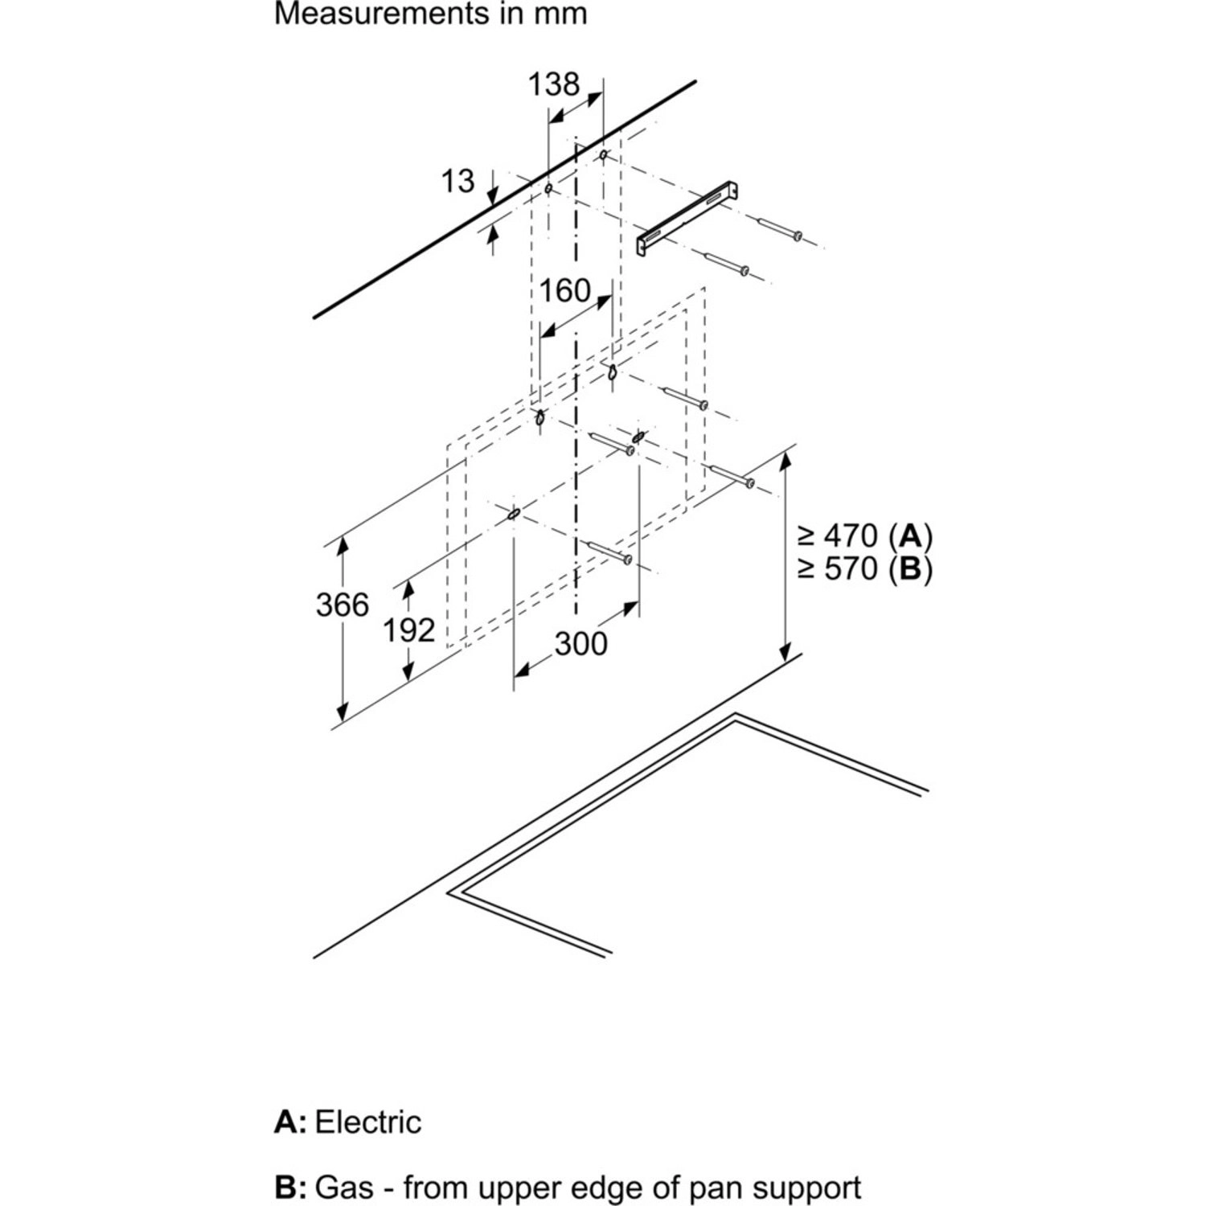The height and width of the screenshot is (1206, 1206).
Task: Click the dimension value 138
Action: point(554,83)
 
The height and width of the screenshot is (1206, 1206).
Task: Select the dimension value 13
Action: point(457,181)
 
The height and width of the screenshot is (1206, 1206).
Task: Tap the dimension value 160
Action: point(565,290)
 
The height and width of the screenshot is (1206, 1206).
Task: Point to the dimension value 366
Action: point(343,605)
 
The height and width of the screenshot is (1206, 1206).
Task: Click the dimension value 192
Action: point(408,631)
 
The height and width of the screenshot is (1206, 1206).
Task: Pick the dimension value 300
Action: point(580,643)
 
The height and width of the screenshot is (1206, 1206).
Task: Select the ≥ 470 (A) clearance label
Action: point(865,535)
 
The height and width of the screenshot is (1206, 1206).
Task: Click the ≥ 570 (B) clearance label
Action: point(865,569)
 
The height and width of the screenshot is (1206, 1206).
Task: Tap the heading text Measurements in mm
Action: point(430,14)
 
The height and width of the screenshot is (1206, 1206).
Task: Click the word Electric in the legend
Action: point(368,1122)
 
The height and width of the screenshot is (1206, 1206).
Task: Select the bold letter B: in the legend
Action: point(290,1187)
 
